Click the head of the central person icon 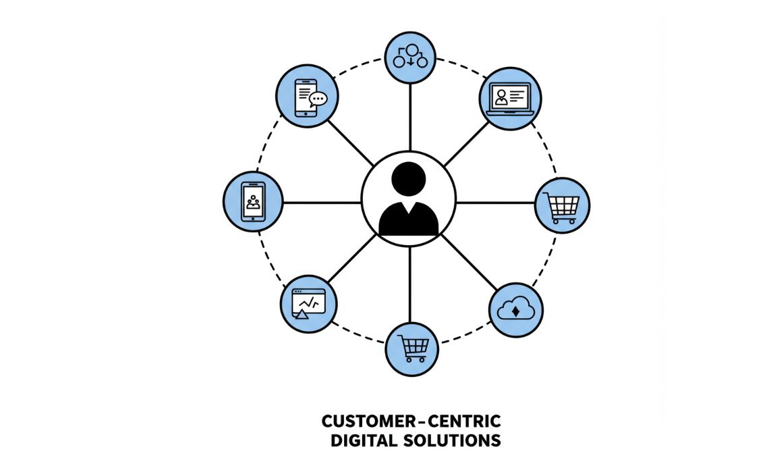(x=409, y=178)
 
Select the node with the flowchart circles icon (x=410, y=58)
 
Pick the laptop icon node (x=511, y=99)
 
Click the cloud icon (x=516, y=310)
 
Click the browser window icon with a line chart (x=308, y=303)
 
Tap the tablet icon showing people (x=253, y=201)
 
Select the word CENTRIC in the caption (x=466, y=422)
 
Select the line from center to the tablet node (x=322, y=202)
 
